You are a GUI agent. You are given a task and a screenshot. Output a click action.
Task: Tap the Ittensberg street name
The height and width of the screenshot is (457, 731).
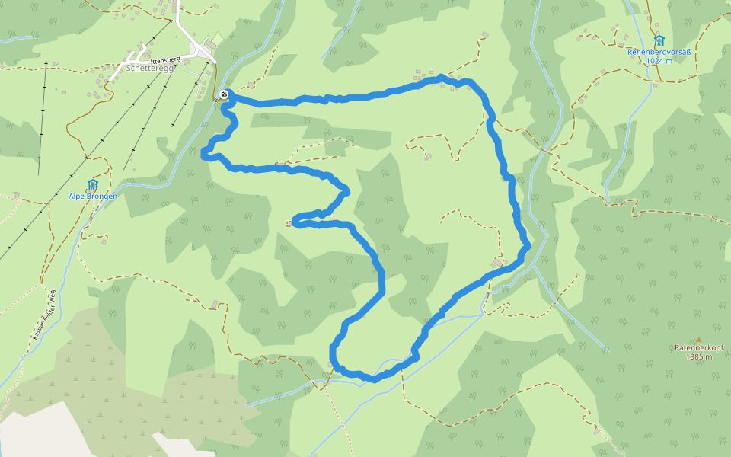(164, 59)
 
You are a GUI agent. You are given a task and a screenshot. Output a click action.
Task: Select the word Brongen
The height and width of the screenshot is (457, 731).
(104, 197)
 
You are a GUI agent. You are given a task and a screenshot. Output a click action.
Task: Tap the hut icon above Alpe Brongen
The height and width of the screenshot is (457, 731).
(93, 184)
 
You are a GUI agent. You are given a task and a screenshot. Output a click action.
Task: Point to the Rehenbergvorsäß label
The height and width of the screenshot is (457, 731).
(659, 52)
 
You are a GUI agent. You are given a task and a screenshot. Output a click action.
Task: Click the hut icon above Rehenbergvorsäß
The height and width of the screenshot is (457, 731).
(659, 40)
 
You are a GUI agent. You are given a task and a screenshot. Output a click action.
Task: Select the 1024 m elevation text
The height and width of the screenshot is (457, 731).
(659, 61)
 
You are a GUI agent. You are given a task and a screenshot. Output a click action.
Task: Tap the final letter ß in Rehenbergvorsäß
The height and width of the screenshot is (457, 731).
(688, 52)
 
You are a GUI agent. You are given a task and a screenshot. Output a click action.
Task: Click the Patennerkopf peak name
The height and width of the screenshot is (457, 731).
(697, 348)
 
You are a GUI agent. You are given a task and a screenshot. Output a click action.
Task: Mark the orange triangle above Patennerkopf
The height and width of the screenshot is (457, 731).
(698, 340)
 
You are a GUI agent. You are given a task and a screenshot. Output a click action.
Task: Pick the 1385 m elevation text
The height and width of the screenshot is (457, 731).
(697, 356)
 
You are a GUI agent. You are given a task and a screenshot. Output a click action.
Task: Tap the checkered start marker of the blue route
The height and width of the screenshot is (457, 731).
(224, 94)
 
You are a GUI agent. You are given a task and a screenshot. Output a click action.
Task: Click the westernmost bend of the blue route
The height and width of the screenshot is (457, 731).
(203, 156)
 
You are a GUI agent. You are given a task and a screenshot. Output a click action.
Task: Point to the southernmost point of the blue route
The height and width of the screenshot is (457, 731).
(373, 379)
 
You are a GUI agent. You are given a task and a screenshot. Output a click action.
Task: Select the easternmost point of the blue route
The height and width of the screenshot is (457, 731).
(528, 245)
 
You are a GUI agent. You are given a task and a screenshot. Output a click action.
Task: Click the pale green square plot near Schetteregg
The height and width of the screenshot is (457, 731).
(218, 38)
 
